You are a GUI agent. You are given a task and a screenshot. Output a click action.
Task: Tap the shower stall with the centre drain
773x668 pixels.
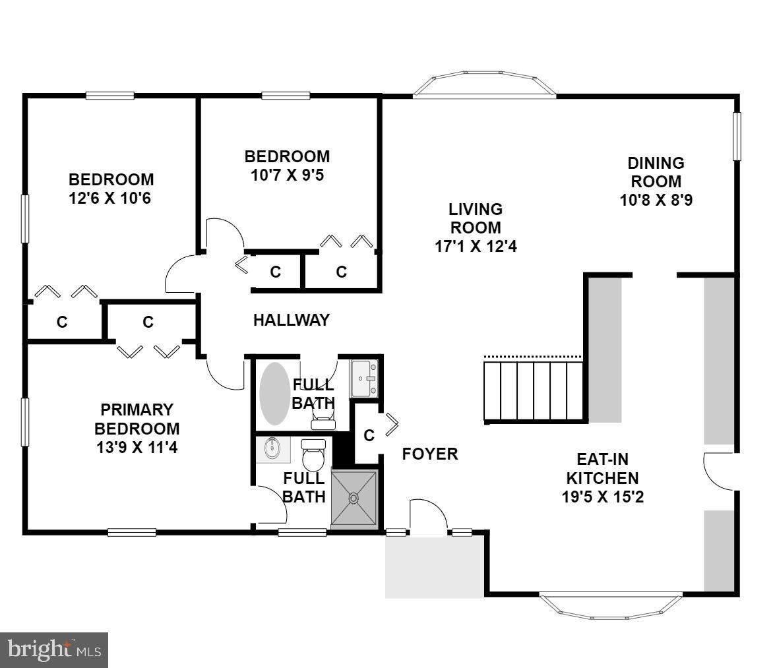tap(355, 499)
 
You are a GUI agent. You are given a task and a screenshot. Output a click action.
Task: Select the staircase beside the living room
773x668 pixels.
tap(534, 391)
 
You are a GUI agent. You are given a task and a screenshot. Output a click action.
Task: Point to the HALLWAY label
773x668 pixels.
tap(291, 320)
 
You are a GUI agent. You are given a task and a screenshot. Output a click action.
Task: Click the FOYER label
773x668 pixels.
tap(430, 454)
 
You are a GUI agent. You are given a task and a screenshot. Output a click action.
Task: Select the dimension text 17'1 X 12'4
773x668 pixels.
tap(475, 247)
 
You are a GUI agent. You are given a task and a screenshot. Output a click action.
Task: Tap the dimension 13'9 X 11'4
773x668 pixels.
tap(137, 447)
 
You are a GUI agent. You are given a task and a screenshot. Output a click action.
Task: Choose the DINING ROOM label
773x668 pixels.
tap(656, 171)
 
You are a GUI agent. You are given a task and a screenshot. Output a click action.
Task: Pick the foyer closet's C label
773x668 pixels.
tap(369, 436)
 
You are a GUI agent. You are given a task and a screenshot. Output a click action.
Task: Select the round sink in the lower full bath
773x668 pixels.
tap(273, 449)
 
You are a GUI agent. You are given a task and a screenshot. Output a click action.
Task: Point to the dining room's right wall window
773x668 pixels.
tap(737, 136)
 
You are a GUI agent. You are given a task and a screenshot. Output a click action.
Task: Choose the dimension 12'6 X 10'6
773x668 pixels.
tap(111, 198)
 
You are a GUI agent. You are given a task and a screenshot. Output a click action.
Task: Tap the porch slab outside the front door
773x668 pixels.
tap(435, 567)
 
